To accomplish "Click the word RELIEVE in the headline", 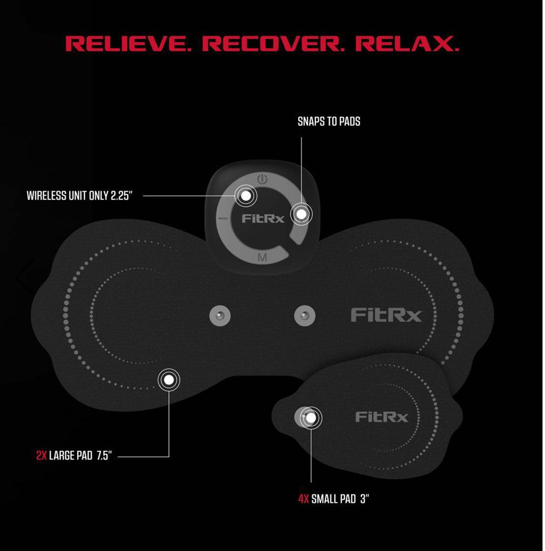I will point(129,44).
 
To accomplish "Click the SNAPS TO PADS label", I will point(329,122).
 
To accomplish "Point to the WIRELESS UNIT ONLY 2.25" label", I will point(79,195).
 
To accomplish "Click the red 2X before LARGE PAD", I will point(42,456).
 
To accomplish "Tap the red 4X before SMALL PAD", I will point(303,499).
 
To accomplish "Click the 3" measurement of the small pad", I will point(364,499).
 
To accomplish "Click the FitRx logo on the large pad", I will point(386,315).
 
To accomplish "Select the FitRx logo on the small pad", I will point(382,416).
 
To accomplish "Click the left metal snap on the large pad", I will point(219,316).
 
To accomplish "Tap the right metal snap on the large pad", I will point(304,316).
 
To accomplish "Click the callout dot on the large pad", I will point(169,379).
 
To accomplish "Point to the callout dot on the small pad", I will point(310,418).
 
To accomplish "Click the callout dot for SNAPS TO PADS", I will point(302,214).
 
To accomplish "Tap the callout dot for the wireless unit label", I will point(245,195).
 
